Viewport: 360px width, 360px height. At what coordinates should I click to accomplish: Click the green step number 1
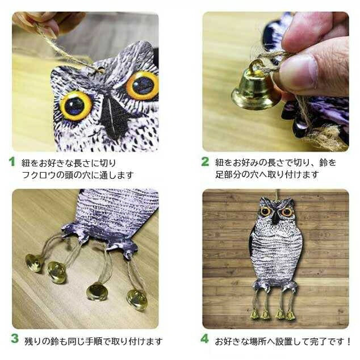tap(11, 161)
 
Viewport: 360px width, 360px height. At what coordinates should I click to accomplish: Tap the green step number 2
tap(205, 161)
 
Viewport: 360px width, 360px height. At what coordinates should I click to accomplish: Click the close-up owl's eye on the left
tap(76, 104)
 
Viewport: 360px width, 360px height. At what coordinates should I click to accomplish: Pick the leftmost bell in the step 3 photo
tap(34, 262)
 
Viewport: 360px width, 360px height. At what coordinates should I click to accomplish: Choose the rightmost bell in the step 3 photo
tap(137, 299)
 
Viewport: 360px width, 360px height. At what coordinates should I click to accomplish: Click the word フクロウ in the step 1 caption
tap(38, 175)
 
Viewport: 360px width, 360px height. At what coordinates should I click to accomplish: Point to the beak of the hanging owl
tap(275, 217)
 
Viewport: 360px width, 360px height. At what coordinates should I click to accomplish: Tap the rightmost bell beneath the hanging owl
tap(291, 314)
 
